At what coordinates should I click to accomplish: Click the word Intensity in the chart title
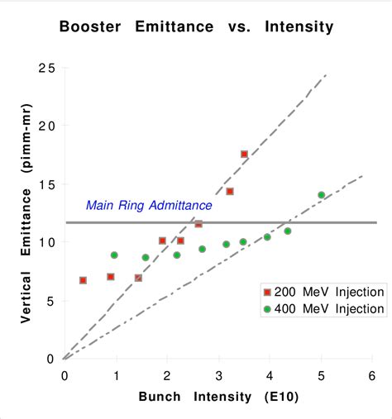pos(299,26)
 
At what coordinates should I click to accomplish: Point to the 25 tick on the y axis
pos(47,67)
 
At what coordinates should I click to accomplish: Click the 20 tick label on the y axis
pos(47,126)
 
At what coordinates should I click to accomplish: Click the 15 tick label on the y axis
pos(47,184)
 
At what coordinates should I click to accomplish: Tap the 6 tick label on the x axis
pos(373,375)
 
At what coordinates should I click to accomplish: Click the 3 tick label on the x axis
pos(218,375)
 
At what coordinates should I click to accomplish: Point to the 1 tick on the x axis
pos(116,375)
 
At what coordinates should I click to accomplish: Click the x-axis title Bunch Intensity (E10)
pos(218,396)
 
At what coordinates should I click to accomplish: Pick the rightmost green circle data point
pos(321,195)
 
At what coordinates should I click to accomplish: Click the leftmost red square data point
pos(83,280)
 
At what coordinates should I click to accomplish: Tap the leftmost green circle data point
pos(114,255)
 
